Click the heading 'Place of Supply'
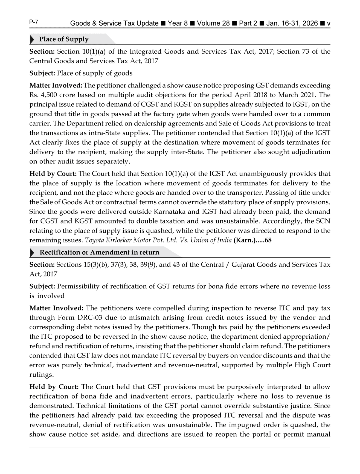[x=64, y=39]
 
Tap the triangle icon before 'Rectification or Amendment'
[x=32, y=252]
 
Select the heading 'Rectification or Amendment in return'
[x=99, y=252]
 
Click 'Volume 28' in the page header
[x=213, y=24]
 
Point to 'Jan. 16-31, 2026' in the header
[x=292, y=24]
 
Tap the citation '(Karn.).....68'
[x=252, y=240]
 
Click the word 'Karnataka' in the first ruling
[x=170, y=212]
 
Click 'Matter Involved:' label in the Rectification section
[x=56, y=308]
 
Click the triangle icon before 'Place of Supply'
[x=32, y=40]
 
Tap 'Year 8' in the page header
[x=178, y=24]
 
